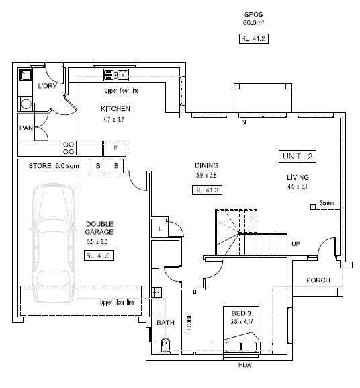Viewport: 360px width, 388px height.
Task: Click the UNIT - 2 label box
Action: (x=298, y=157)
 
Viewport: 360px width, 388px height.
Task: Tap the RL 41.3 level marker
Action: (x=207, y=190)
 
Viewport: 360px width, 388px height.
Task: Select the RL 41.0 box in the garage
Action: (x=99, y=256)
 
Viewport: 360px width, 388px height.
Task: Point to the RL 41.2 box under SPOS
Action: (x=253, y=38)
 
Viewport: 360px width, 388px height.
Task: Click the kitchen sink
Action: (x=116, y=75)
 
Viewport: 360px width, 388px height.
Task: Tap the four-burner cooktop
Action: (x=69, y=148)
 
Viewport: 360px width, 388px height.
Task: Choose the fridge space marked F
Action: (x=115, y=148)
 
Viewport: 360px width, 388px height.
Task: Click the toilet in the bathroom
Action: (x=165, y=346)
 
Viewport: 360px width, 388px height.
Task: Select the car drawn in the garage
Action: (x=52, y=243)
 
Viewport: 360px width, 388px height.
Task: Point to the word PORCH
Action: (x=318, y=280)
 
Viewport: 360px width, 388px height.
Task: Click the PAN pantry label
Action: (x=26, y=128)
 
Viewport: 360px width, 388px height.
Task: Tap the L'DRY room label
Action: (x=48, y=86)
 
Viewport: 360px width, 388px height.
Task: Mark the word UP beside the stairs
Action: (x=296, y=244)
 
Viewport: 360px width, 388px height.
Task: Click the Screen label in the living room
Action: (x=327, y=203)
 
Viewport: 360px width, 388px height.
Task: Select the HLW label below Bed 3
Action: (x=245, y=365)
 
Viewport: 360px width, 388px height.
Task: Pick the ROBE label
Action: (x=189, y=321)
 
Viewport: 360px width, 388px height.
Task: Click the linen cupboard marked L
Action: (x=160, y=228)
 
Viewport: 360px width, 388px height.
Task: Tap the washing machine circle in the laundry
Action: (x=26, y=104)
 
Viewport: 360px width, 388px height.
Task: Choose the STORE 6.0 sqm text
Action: (x=54, y=166)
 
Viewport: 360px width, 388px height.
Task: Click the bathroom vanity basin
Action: (x=156, y=293)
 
